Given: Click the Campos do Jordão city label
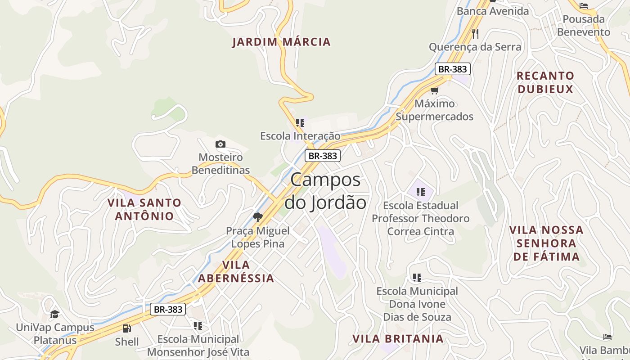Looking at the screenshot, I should [x=325, y=191].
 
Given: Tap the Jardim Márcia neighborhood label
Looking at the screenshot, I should [x=281, y=42].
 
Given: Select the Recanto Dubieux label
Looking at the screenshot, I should [x=545, y=82].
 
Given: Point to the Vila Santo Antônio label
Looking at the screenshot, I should [x=144, y=209].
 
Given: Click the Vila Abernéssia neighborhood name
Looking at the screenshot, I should [x=236, y=271].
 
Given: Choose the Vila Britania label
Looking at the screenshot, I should [x=398, y=338].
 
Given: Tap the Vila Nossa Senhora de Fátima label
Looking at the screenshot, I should [x=546, y=243].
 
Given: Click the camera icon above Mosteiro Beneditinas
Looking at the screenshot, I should [x=220, y=144].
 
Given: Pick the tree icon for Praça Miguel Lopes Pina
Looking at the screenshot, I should [x=257, y=218].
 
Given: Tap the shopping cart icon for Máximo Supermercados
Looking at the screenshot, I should [x=434, y=90].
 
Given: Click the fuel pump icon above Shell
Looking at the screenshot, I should [x=127, y=328].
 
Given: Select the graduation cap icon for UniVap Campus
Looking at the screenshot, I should [x=55, y=314].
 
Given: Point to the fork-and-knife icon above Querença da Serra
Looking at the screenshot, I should [x=475, y=33].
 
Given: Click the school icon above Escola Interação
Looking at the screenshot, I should [x=300, y=122].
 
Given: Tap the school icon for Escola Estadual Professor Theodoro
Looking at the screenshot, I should [x=421, y=193].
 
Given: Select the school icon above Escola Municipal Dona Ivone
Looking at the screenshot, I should [x=417, y=277].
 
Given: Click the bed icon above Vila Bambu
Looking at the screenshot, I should [x=607, y=337].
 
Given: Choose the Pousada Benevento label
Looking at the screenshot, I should [x=584, y=26].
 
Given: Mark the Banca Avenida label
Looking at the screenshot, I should [x=493, y=11].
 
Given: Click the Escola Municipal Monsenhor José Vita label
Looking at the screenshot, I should [x=198, y=346].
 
